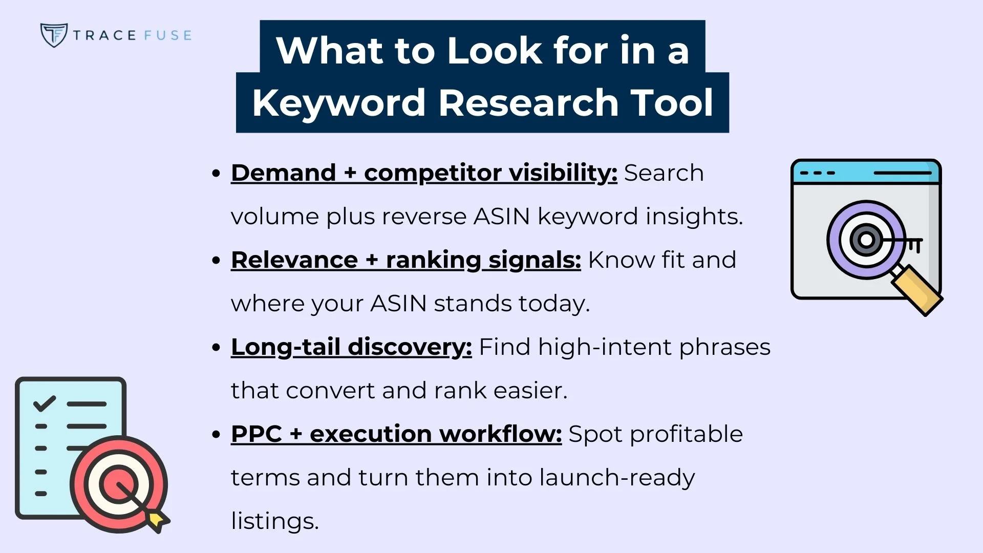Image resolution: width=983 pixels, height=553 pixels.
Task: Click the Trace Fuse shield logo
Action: click(54, 35)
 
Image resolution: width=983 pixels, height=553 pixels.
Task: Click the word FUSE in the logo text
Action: click(168, 35)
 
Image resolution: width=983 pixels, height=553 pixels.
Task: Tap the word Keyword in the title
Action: click(338, 102)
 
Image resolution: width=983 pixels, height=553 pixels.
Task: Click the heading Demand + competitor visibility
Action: click(424, 173)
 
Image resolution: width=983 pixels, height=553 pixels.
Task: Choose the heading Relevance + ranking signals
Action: click(405, 260)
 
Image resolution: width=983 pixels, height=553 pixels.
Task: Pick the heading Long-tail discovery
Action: click(351, 347)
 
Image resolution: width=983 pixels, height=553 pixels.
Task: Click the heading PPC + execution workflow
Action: click(396, 434)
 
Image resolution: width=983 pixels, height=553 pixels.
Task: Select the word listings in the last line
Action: click(275, 521)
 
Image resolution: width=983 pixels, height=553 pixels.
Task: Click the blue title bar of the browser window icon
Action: click(865, 173)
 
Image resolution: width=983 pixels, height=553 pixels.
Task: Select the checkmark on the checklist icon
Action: click(44, 403)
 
